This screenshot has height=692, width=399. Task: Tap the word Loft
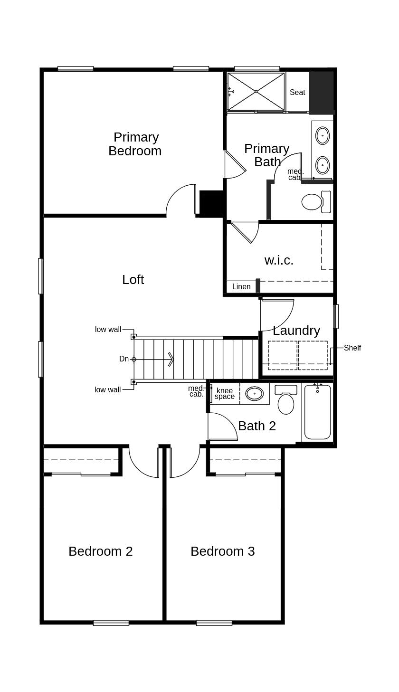(x=133, y=280)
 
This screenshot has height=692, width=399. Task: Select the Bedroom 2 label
(x=101, y=551)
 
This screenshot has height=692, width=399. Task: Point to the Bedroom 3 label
(x=223, y=551)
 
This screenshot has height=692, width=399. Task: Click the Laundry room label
(x=296, y=331)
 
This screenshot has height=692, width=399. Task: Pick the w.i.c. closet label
(x=279, y=260)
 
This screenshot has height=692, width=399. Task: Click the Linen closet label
(x=241, y=287)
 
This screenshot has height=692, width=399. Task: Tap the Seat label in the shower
(x=297, y=93)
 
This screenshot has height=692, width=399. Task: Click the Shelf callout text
(x=352, y=348)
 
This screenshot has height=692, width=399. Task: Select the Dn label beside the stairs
(x=124, y=359)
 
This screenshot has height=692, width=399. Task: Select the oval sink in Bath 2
(x=255, y=393)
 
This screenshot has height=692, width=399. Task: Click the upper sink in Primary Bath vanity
(x=323, y=135)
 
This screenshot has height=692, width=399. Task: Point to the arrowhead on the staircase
(x=171, y=359)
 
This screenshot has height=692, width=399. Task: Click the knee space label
(x=225, y=394)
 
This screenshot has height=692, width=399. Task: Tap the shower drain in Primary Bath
(x=256, y=92)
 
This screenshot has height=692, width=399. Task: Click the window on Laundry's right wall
(x=336, y=316)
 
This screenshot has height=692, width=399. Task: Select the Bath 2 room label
(x=257, y=426)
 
